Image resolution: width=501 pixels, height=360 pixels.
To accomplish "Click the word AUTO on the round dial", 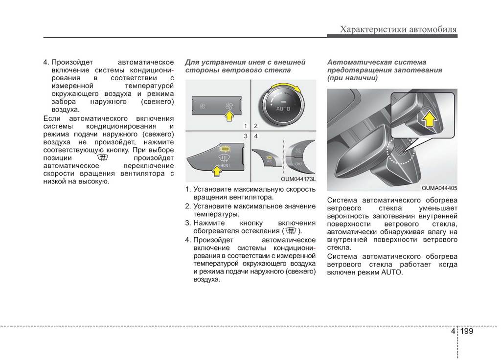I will [283, 108].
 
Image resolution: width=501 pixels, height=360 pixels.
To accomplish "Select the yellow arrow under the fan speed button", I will [228, 116].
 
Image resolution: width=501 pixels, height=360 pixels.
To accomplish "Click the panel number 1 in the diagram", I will [247, 126].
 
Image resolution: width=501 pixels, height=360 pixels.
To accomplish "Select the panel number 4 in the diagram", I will [256, 135].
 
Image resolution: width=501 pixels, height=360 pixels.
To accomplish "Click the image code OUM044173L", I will [298, 179].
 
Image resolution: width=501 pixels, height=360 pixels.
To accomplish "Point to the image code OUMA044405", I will [439, 188].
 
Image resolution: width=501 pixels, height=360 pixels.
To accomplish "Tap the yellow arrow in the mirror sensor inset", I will [429, 118].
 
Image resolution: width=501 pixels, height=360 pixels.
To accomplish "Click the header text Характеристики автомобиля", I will [398, 30].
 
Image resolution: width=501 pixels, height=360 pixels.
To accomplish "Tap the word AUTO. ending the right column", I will [392, 272].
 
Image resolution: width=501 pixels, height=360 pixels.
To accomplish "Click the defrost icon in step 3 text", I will [291, 231].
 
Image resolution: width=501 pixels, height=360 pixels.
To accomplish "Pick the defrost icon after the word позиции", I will [102, 158].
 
